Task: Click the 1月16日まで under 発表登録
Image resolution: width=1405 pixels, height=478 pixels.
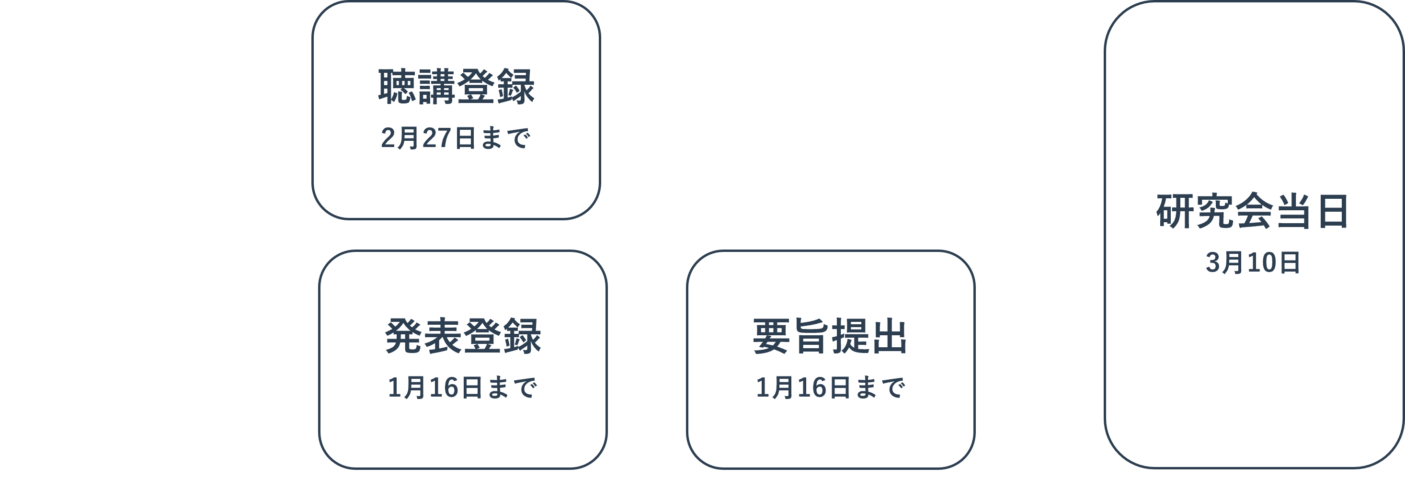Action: pos(463,387)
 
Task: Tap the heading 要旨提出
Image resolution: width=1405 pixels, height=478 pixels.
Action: pos(830,336)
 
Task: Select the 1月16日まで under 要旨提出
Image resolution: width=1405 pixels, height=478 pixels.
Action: pos(830,387)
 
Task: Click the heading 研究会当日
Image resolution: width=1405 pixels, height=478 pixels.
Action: pos(1253,212)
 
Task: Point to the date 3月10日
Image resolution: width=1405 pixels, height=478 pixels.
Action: pos(1253,263)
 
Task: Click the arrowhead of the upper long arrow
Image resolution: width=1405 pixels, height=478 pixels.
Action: pos(1042,110)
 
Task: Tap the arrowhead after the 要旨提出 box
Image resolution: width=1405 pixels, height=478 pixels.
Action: pos(1042,360)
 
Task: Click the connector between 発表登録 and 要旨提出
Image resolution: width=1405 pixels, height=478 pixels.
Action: pos(646,360)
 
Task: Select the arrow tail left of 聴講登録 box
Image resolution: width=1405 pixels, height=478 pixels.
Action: pos(278,110)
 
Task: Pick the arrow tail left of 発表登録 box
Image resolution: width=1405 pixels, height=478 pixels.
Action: pos(282,360)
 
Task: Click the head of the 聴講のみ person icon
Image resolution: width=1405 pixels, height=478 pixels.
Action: pos(127,56)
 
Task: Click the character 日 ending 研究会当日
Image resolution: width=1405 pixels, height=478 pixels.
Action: pos(1333,212)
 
